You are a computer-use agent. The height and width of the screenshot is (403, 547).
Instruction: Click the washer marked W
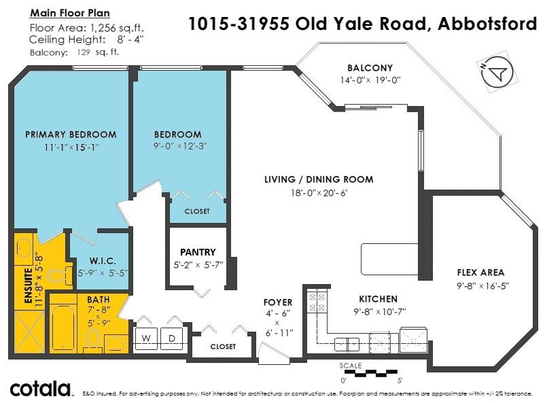coord(146,338)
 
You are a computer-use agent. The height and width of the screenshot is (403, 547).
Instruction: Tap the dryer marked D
coord(172,338)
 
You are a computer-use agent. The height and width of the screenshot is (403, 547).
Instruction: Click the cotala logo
coord(41,389)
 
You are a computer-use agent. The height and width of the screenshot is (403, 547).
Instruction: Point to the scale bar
coord(371,373)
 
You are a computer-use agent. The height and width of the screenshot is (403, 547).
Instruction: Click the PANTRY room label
coord(198,252)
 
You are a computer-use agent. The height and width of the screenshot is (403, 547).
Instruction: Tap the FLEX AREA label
coord(480,273)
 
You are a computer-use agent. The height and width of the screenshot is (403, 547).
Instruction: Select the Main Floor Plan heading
coord(70,13)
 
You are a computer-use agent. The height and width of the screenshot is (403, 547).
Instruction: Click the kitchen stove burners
coord(317,302)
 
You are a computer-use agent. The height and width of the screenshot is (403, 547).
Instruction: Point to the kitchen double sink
coord(347,345)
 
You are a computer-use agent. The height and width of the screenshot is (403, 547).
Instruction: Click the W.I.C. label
coord(102,261)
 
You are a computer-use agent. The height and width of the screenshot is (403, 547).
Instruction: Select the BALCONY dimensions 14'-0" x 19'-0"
coord(370,80)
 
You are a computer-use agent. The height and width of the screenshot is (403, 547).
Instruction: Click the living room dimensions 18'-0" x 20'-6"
coord(319,192)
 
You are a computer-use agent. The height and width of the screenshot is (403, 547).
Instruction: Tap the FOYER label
coord(278,302)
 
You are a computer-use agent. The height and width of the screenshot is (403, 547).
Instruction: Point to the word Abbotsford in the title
coord(487,24)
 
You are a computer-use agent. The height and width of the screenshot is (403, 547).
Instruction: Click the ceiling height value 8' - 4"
coord(130,39)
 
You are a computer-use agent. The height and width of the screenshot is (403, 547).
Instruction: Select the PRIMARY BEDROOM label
coord(71,135)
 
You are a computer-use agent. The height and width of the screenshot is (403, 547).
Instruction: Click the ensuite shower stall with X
coord(29,332)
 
